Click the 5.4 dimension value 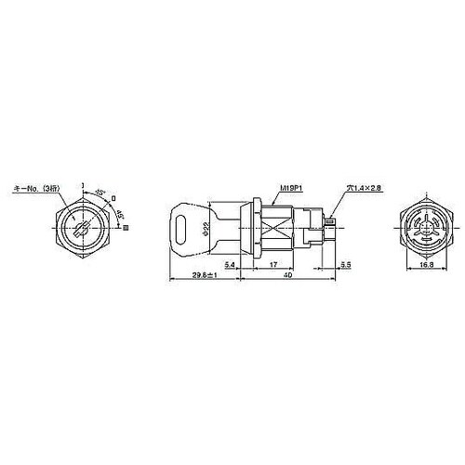point(230,267)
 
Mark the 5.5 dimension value point(346,267)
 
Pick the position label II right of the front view point(126,226)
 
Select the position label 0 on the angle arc point(113,198)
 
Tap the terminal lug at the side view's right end point(333,222)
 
